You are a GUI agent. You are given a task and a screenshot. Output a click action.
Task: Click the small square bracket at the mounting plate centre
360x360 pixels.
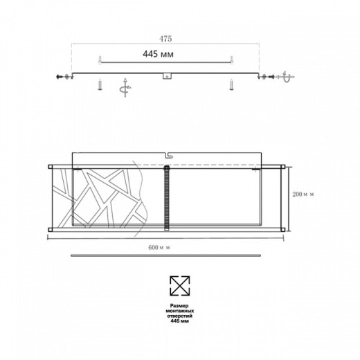click(x=166, y=78)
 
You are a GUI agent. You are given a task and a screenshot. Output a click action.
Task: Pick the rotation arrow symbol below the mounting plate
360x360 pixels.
click(x=125, y=88)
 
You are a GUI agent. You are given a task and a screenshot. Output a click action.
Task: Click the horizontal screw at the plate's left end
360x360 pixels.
click(x=61, y=77)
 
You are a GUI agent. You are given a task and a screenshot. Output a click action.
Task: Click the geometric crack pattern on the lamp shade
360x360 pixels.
click(x=104, y=197)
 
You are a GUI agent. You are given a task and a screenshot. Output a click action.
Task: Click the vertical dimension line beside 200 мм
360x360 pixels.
click(x=289, y=197)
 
